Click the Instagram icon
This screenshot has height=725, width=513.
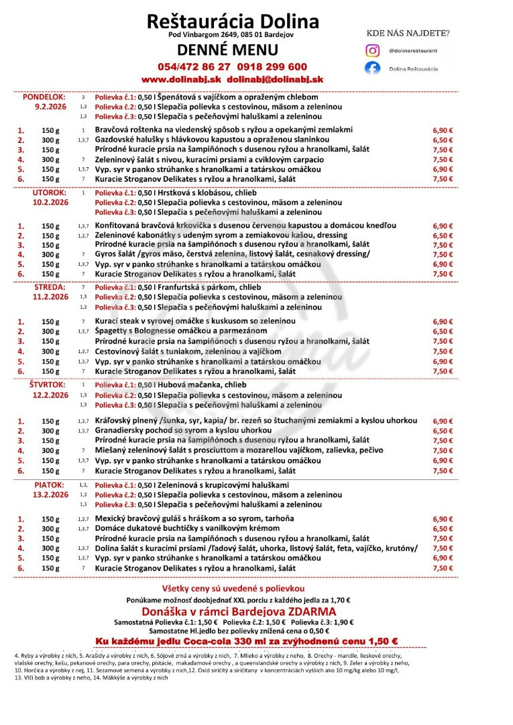click(x=372, y=50)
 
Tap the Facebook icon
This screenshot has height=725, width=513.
click(x=372, y=68)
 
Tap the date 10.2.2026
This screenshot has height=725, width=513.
click(x=51, y=202)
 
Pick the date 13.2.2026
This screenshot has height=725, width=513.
click(x=51, y=494)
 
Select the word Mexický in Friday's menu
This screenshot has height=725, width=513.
click(x=112, y=519)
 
